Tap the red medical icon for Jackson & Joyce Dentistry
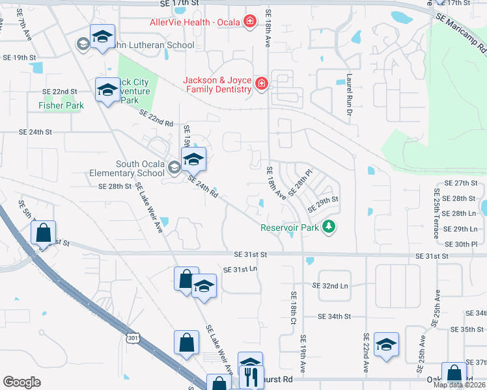pyautogui.click(x=261, y=84)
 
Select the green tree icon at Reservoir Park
pyautogui.click(x=330, y=227)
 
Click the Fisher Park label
pyautogui.click(x=61, y=105)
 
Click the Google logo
pyautogui.click(x=21, y=382)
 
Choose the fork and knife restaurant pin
pyautogui.click(x=251, y=376)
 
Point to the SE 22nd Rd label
pyautogui.click(x=156, y=118)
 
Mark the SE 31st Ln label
pyautogui.click(x=240, y=269)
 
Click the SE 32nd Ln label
pyautogui.click(x=330, y=286)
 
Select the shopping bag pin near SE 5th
pyautogui.click(x=43, y=233)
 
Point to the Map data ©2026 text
pyautogui.click(x=459, y=385)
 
